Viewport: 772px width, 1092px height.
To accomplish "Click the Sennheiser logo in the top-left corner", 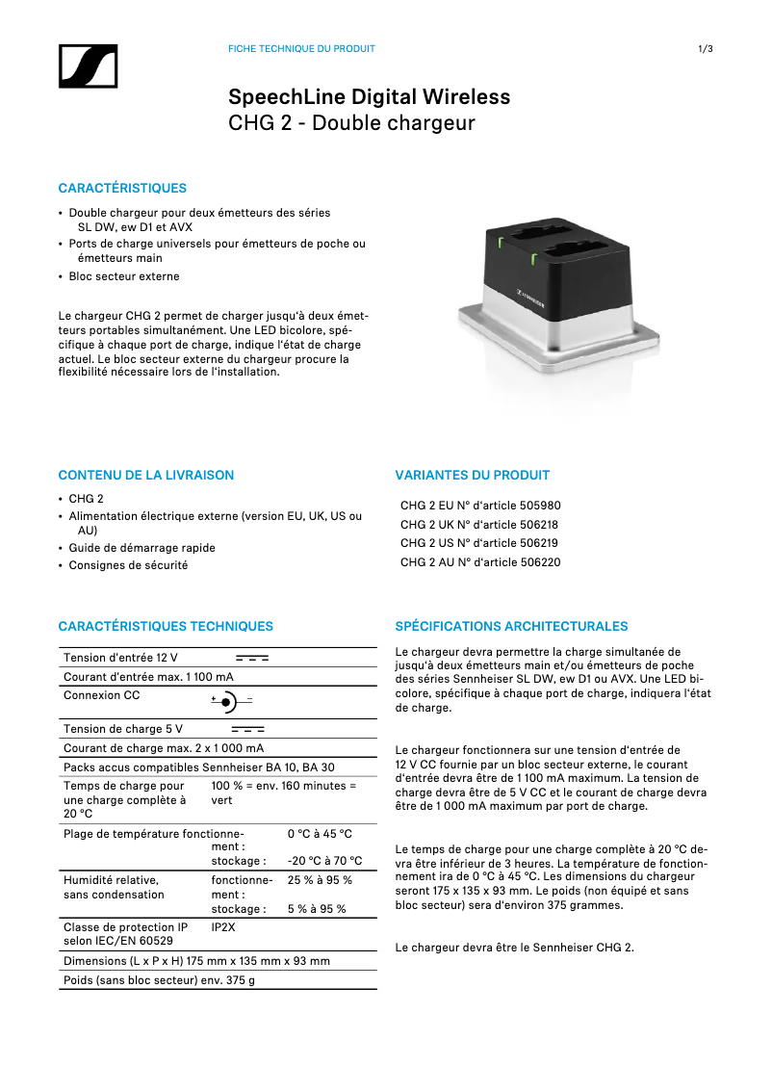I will (87, 67).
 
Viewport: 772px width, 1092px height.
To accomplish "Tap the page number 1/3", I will (705, 49).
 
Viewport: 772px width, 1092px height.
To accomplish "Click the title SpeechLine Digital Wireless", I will (369, 97).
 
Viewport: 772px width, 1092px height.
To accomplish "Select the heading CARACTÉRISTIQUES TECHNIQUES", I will (166, 626).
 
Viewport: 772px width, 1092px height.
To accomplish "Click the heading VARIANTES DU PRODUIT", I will (473, 475).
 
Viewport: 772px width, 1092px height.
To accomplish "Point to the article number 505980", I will (539, 506).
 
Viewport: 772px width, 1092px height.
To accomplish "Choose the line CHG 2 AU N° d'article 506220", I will (479, 562).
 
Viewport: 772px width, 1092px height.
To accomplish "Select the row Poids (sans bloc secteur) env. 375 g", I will (159, 980).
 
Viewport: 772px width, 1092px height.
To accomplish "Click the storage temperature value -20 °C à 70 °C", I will (324, 861).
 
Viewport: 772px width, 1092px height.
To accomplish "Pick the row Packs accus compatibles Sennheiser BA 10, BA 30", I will (198, 767).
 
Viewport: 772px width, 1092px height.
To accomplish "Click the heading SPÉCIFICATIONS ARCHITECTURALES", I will (511, 626).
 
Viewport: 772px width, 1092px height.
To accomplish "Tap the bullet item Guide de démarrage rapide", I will (142, 548).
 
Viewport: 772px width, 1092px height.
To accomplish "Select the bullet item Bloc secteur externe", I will (123, 276).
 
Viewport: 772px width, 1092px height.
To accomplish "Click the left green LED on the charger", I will (501, 241).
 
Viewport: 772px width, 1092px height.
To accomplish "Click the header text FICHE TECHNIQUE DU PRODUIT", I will (301, 49).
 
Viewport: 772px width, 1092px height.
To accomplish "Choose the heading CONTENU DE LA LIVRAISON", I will (145, 475).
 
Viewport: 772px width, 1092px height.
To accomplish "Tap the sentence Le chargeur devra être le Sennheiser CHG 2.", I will (514, 948).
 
